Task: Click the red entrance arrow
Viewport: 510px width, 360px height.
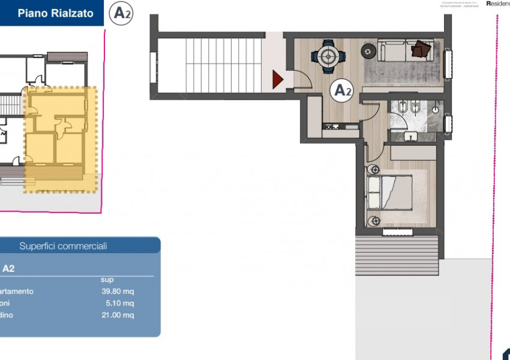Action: pyautogui.click(x=277, y=79)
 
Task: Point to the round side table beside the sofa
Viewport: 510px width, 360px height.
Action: pyautogui.click(x=367, y=51)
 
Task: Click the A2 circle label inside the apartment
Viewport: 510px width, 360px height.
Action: pyautogui.click(x=343, y=91)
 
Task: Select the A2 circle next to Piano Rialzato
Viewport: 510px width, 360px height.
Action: pyautogui.click(x=122, y=13)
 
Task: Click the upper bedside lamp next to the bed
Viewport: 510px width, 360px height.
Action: pyautogui.click(x=373, y=170)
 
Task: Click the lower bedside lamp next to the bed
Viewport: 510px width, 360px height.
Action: pyautogui.click(x=373, y=220)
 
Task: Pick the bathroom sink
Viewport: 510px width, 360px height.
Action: pyautogui.click(x=410, y=136)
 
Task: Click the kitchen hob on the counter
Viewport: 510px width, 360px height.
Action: pyautogui.click(x=331, y=126)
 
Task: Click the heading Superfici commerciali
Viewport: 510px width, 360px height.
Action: pyautogui.click(x=63, y=246)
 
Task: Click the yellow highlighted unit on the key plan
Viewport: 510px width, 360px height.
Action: pyautogui.click(x=60, y=138)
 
